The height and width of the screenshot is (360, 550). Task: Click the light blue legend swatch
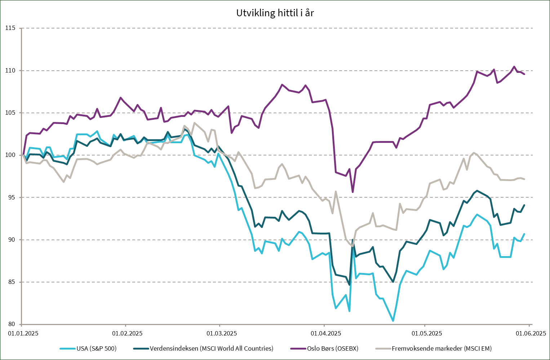67,348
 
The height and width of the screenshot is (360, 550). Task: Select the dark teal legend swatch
141,348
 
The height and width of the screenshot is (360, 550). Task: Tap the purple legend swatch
298,348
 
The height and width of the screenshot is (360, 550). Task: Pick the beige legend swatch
383,348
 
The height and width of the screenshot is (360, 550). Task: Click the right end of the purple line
524,74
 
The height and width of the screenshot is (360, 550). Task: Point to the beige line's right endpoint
524,179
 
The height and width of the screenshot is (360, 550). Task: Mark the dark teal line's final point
524,205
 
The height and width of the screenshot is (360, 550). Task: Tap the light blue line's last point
524,234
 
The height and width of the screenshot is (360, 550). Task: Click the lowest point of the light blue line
393,321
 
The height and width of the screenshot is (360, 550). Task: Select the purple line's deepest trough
352,192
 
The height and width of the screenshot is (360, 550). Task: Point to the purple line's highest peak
514,66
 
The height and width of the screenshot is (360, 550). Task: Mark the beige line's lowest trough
352,246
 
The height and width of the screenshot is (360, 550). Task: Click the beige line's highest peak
195,123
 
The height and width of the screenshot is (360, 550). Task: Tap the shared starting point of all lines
23,155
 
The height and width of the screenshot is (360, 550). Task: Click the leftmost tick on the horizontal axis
22,325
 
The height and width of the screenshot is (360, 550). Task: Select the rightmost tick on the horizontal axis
529,325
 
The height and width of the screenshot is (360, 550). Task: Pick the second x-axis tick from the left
125,325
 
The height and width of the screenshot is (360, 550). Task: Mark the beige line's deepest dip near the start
64,182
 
